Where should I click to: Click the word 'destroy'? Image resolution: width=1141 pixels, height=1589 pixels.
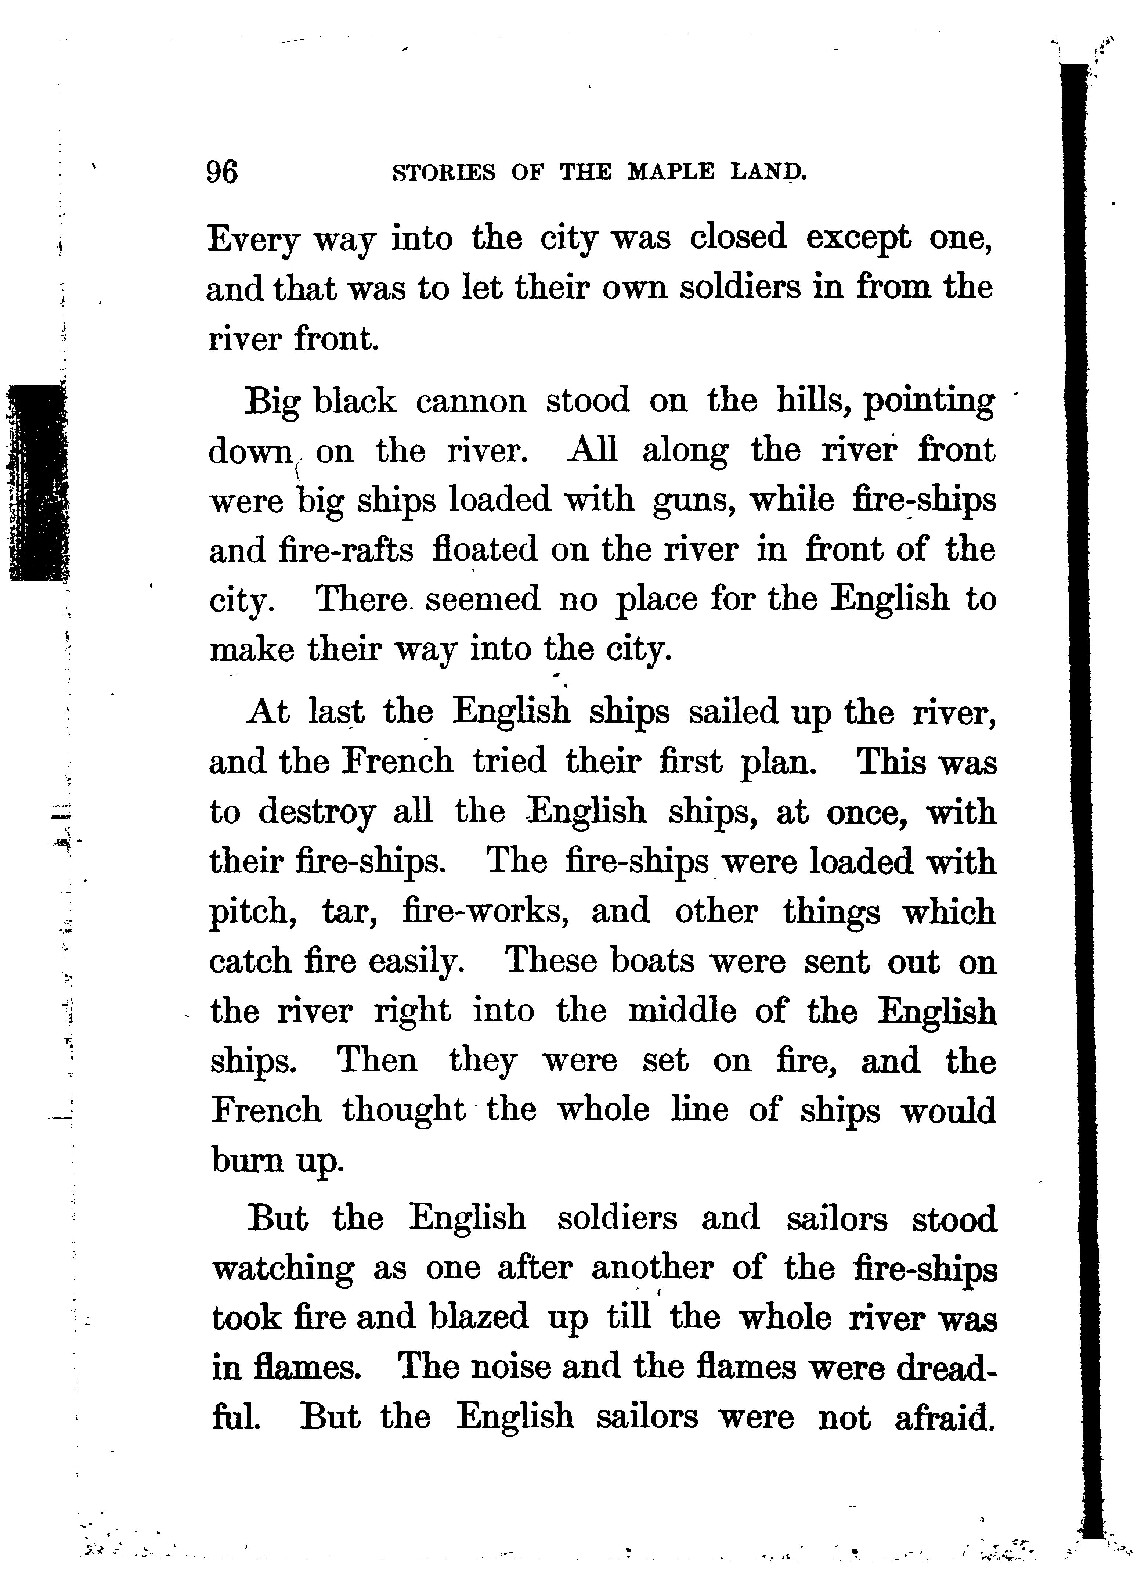pos(317,813)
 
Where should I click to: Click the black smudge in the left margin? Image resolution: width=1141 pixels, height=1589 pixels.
pos(36,483)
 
